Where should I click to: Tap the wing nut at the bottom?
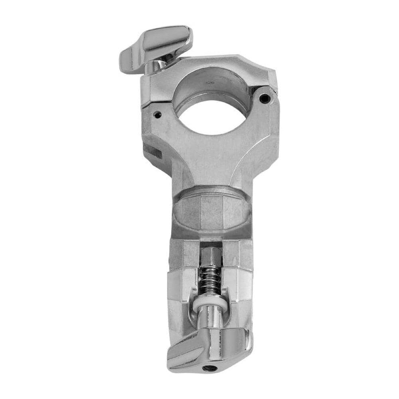[207, 347]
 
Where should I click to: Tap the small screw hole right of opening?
[263, 97]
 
